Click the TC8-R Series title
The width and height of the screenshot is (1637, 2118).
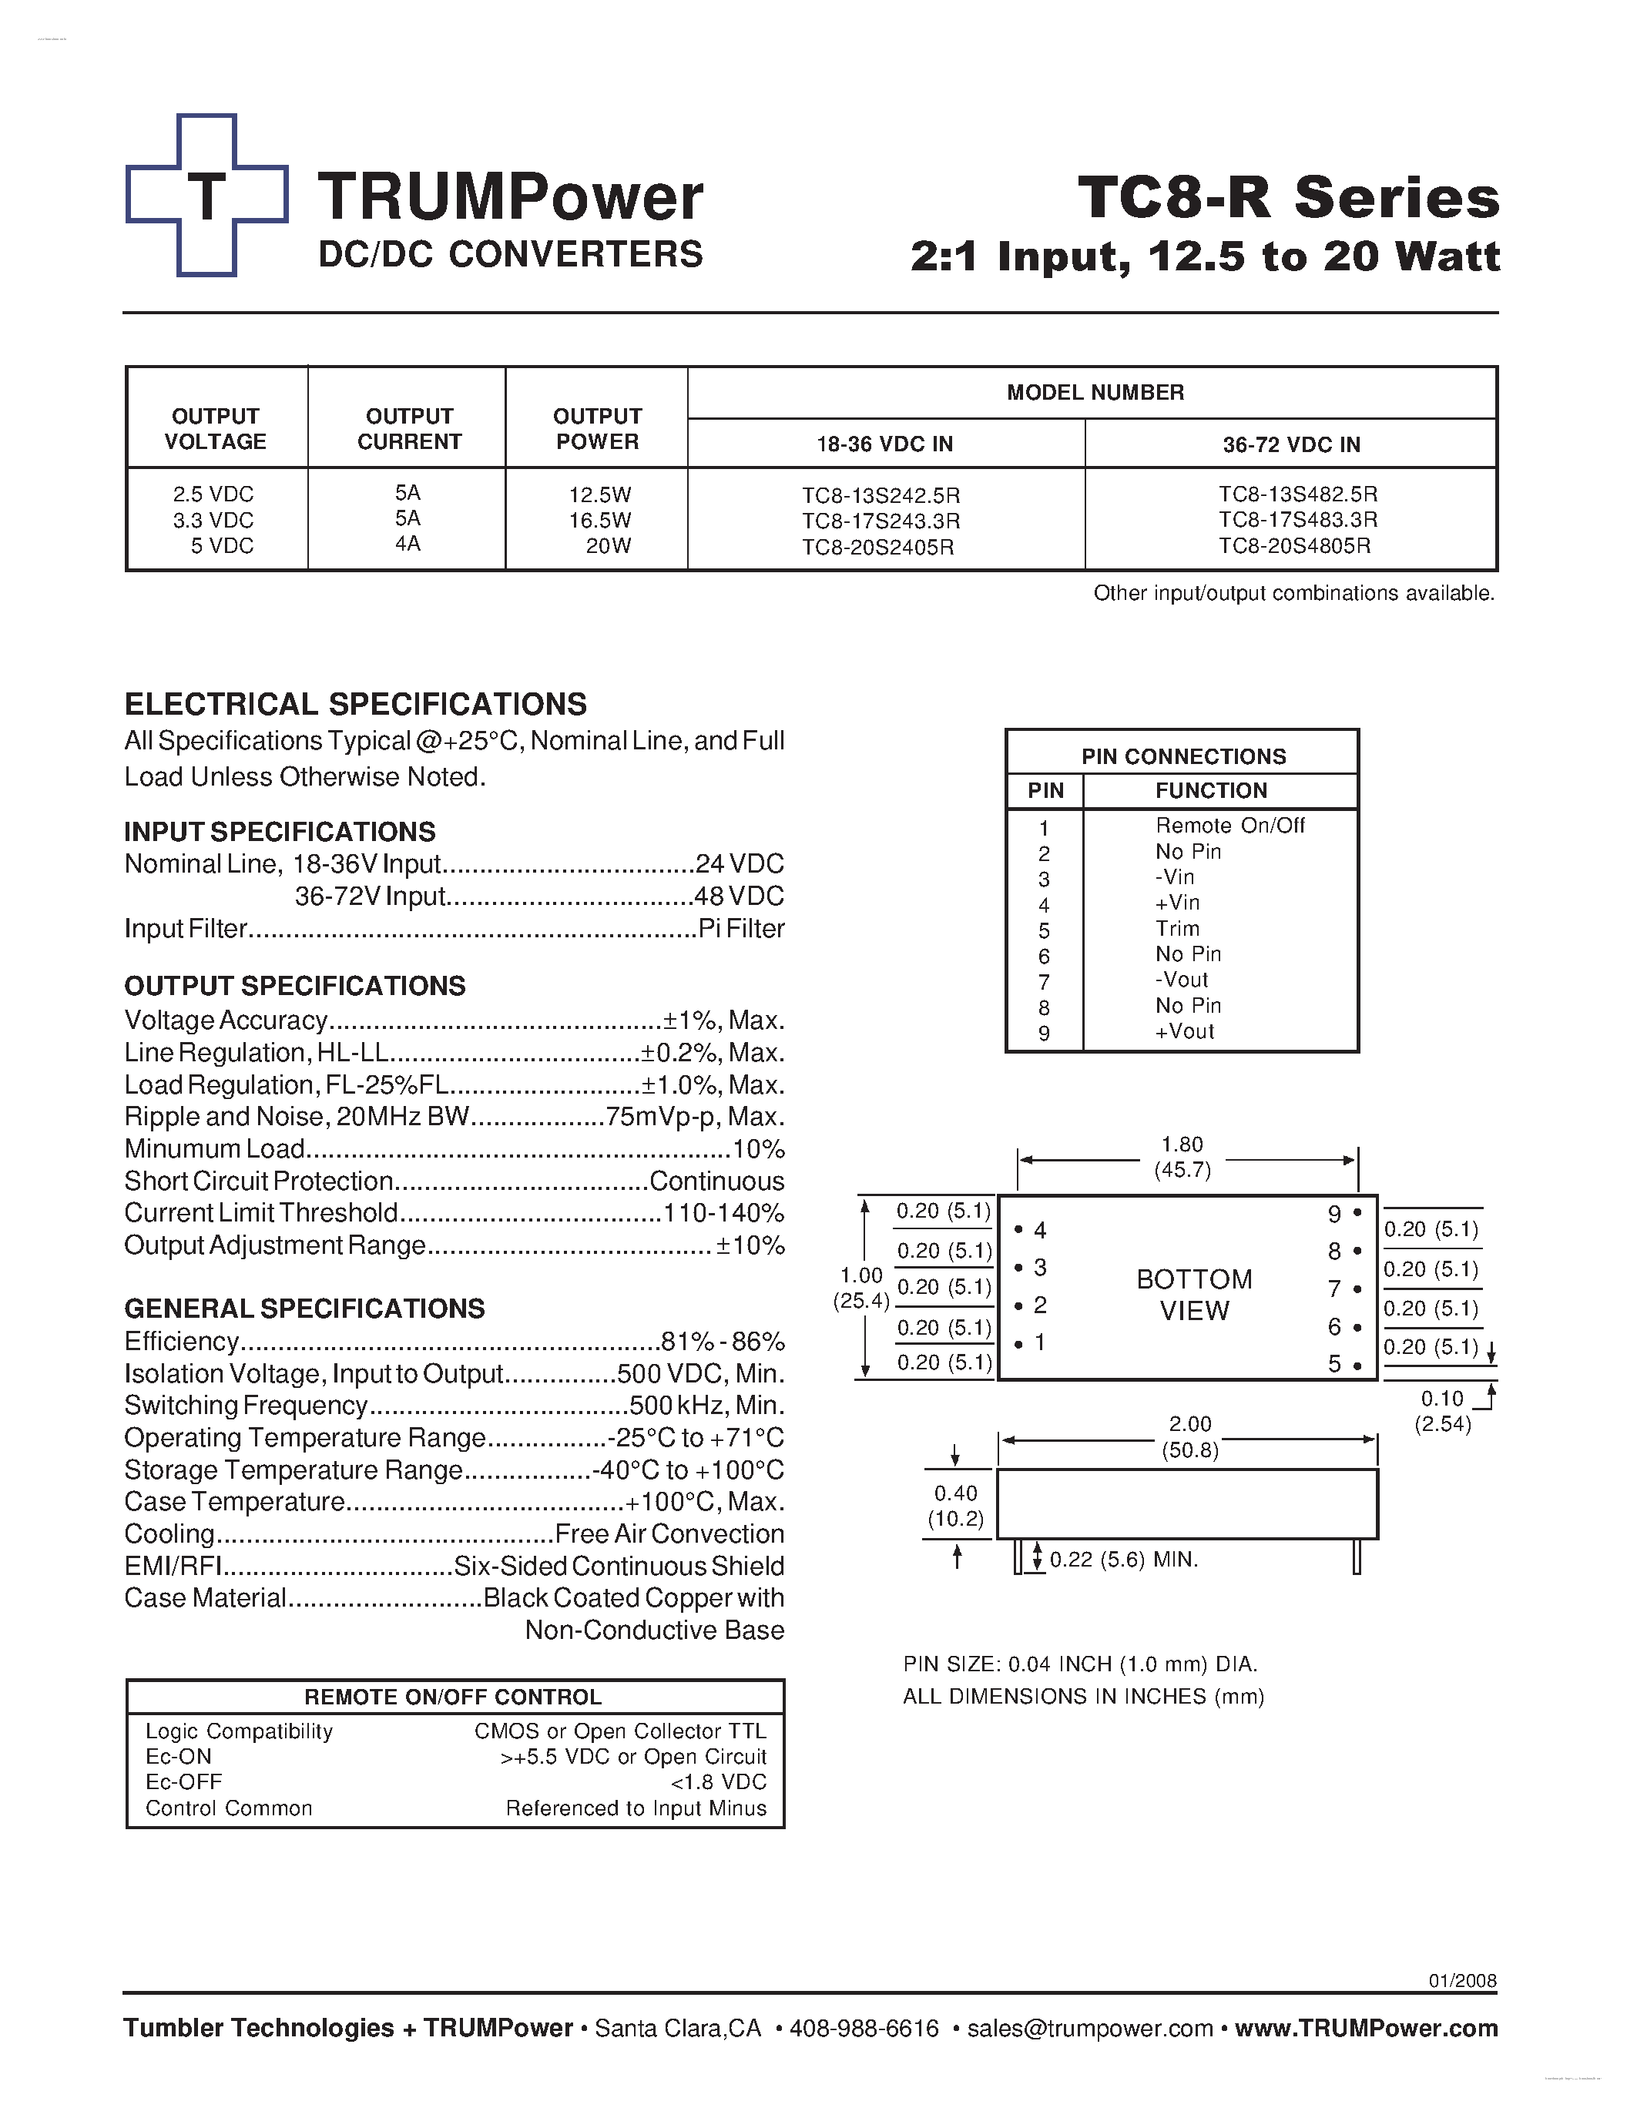1288,197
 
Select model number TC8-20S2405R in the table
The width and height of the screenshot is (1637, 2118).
877,547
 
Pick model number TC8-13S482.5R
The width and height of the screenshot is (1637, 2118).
1297,494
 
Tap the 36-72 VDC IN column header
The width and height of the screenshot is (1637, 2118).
1291,444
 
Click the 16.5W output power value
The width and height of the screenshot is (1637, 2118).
599,521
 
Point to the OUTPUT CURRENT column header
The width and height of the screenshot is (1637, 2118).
409,429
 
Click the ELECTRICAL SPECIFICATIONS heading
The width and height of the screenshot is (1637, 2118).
355,704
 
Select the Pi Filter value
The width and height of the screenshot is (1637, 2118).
741,929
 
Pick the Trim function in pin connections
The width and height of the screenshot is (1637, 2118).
1177,929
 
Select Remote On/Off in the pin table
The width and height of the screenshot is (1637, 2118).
1229,826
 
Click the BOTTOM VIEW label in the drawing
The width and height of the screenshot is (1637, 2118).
1194,1295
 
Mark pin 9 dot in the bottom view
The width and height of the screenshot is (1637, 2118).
1357,1213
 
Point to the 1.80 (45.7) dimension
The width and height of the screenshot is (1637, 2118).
1182,1157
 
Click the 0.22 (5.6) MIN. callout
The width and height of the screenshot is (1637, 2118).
1123,1560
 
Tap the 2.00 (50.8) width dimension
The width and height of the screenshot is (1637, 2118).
1190,1436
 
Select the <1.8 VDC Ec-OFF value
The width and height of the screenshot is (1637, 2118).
718,1781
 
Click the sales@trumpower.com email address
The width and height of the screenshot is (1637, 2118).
1090,2029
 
